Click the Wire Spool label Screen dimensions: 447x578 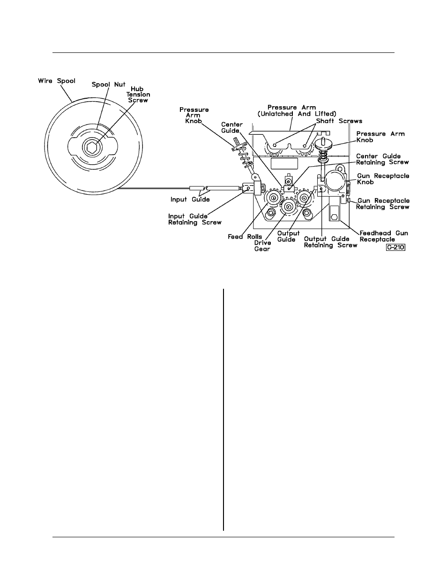[57, 80]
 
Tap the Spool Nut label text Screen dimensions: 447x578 [108, 85]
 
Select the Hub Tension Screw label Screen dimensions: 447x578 [138, 95]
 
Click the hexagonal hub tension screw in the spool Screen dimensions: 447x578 [92, 147]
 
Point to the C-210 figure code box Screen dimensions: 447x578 [395, 248]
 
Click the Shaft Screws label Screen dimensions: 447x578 [339, 121]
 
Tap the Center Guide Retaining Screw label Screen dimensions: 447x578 [382, 159]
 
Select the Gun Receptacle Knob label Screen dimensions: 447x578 [383, 179]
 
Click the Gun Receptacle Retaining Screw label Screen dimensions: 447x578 [383, 204]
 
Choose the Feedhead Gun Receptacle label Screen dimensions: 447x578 [384, 236]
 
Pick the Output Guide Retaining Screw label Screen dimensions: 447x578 [330, 242]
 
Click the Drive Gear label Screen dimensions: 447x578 [262, 246]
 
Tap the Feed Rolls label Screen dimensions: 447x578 [245, 236]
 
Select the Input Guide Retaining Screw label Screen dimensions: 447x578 [194, 219]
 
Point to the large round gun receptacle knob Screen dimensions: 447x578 [335, 180]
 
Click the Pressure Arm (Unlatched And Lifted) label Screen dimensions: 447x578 [297, 110]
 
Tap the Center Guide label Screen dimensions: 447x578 [232, 128]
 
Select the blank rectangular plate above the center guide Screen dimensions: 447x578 [284, 163]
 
